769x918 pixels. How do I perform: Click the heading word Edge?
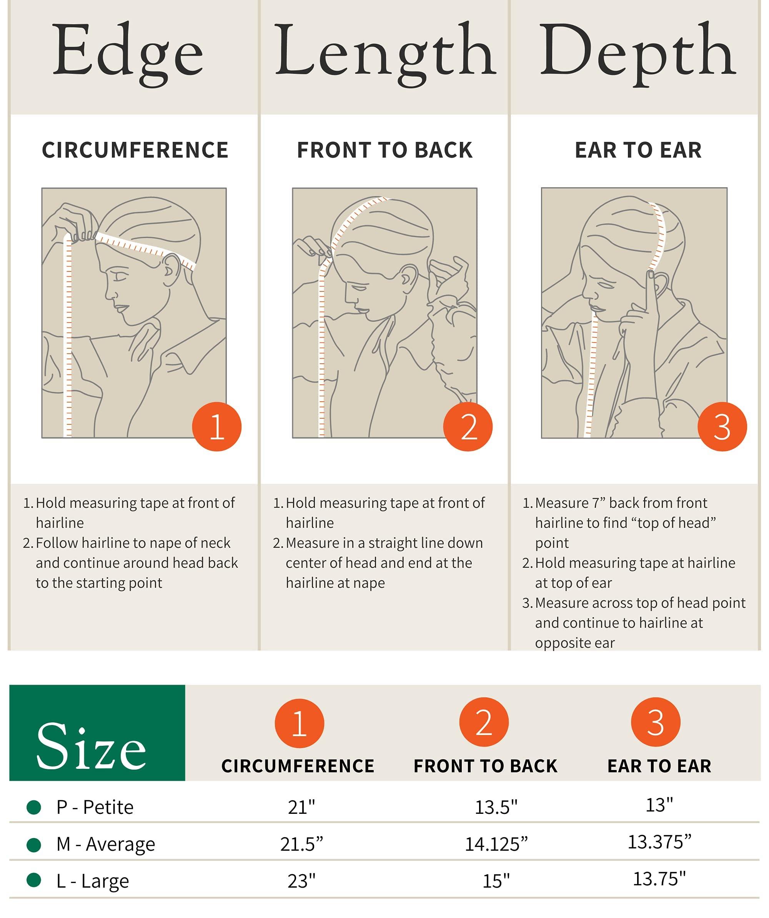128,54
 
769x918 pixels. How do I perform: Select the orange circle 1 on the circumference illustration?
217,426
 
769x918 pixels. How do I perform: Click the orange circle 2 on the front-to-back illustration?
468,426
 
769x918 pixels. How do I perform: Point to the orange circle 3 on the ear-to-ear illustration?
722,426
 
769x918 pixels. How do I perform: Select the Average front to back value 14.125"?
496,845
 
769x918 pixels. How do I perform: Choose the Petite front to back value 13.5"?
496,807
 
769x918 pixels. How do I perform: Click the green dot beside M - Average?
34,845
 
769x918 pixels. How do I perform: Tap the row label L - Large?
93,881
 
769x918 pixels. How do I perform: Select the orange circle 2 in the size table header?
484,723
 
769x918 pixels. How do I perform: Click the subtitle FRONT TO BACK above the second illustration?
385,150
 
